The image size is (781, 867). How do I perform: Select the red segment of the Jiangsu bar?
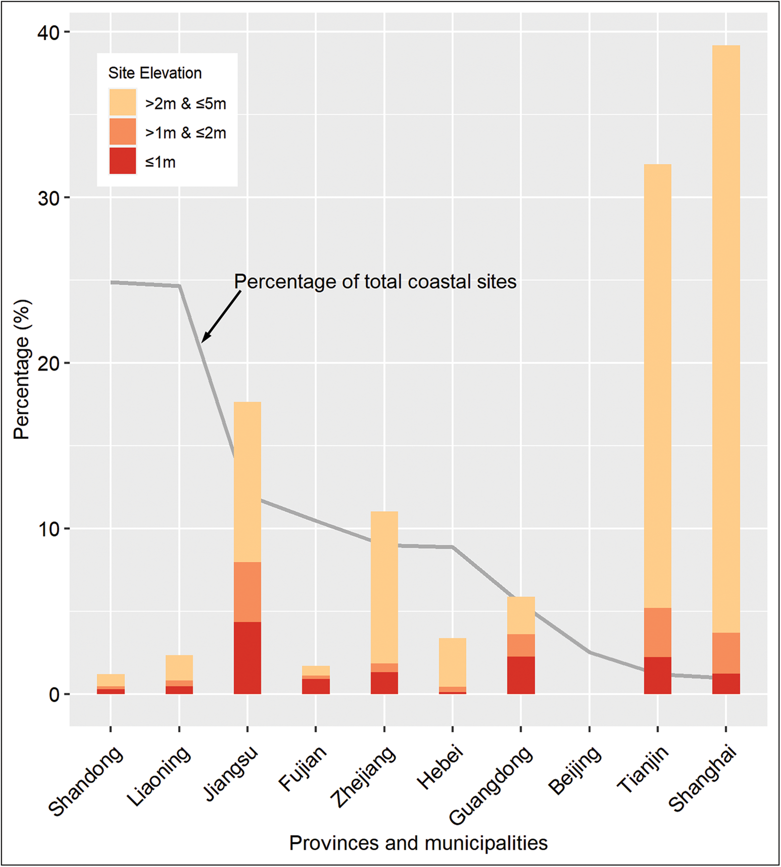[247, 658]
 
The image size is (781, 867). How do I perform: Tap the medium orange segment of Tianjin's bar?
[657, 632]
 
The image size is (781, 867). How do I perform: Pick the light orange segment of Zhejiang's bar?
[384, 587]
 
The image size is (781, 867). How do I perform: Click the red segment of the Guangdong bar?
[521, 675]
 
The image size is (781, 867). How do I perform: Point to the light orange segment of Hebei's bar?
[452, 662]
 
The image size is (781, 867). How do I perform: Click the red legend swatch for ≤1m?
[122, 161]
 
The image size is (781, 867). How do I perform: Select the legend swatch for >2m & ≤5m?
[122, 103]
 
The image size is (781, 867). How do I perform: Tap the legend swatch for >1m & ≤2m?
[122, 132]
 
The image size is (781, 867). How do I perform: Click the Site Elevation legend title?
[155, 73]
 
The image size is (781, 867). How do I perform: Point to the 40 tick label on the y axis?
[48, 33]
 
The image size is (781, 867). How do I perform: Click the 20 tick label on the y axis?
[48, 363]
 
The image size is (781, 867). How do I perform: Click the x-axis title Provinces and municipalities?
[418, 843]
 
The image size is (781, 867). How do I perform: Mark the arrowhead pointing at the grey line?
[205, 337]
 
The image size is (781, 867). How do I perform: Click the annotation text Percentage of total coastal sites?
[375, 282]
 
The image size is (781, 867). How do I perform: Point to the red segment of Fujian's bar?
[316, 686]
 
